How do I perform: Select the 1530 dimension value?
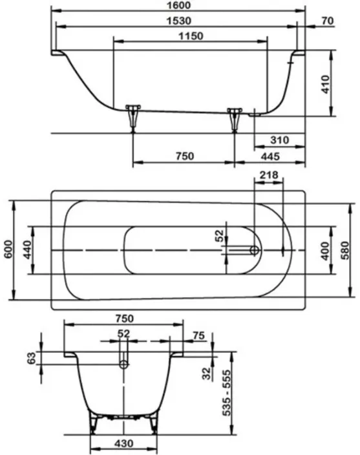tap(179, 21)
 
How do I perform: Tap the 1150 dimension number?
tap(191, 36)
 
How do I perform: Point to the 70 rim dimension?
tap(328, 21)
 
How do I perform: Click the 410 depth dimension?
tap(326, 85)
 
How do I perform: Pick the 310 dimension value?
tap(280, 140)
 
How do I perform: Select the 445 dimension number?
tap(270, 156)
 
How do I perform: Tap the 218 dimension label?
tap(269, 175)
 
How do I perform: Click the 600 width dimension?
tap(9, 249)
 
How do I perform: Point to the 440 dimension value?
tap(27, 249)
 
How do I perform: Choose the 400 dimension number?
tap(325, 251)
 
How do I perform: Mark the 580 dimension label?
tap(344, 250)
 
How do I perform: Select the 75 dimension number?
tap(198, 335)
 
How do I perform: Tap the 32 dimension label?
tap(206, 374)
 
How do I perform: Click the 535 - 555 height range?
tap(227, 392)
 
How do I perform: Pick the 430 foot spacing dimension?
tap(124, 443)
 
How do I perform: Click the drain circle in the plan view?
tap(255, 250)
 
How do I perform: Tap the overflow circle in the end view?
tap(124, 365)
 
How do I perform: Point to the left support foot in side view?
tap(133, 117)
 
